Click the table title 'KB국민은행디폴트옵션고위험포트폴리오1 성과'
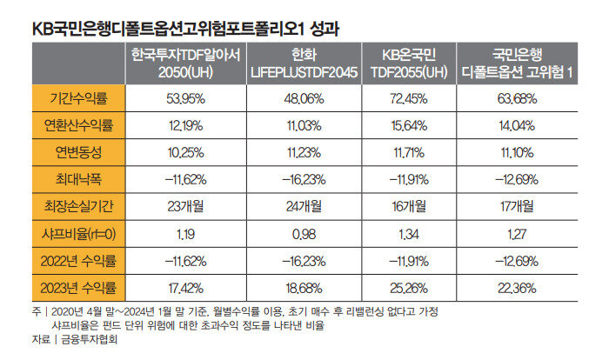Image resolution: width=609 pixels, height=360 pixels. coord(185,27)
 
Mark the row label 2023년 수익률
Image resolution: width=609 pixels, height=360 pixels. coord(78,287)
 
